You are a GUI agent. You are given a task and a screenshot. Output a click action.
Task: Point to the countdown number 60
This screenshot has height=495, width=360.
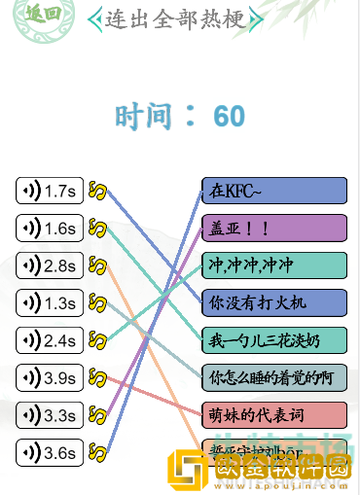pyautogui.click(x=230, y=117)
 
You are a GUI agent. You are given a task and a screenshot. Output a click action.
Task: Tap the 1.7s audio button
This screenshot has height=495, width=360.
pyautogui.click(x=49, y=191)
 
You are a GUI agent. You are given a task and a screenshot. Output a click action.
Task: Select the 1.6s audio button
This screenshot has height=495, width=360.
pyautogui.click(x=49, y=229)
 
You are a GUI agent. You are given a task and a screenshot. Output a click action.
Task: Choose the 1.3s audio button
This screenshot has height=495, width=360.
pyautogui.click(x=49, y=303)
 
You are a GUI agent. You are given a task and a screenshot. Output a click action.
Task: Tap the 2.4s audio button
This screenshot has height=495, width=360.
pyautogui.click(x=49, y=340)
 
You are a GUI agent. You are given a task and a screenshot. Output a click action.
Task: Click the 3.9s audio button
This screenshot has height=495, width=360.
pyautogui.click(x=49, y=377)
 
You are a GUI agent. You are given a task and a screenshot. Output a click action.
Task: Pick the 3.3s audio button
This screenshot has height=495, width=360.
pyautogui.click(x=49, y=415)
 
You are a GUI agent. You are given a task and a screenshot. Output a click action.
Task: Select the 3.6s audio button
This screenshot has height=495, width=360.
pyautogui.click(x=49, y=452)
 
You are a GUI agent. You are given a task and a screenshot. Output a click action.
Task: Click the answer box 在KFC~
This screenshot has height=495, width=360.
pyautogui.click(x=274, y=191)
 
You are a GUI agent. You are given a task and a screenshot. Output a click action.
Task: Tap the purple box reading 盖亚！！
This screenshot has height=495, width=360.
pyautogui.click(x=274, y=228)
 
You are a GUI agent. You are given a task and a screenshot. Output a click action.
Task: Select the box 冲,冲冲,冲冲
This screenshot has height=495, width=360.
pyautogui.click(x=274, y=265)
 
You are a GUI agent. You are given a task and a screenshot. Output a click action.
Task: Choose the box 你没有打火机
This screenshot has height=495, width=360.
pyautogui.click(x=274, y=302)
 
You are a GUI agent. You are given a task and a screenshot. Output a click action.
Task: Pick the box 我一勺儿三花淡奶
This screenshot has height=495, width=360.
pyautogui.click(x=274, y=340)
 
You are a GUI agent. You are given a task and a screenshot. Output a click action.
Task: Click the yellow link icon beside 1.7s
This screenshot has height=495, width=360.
pyautogui.click(x=97, y=191)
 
